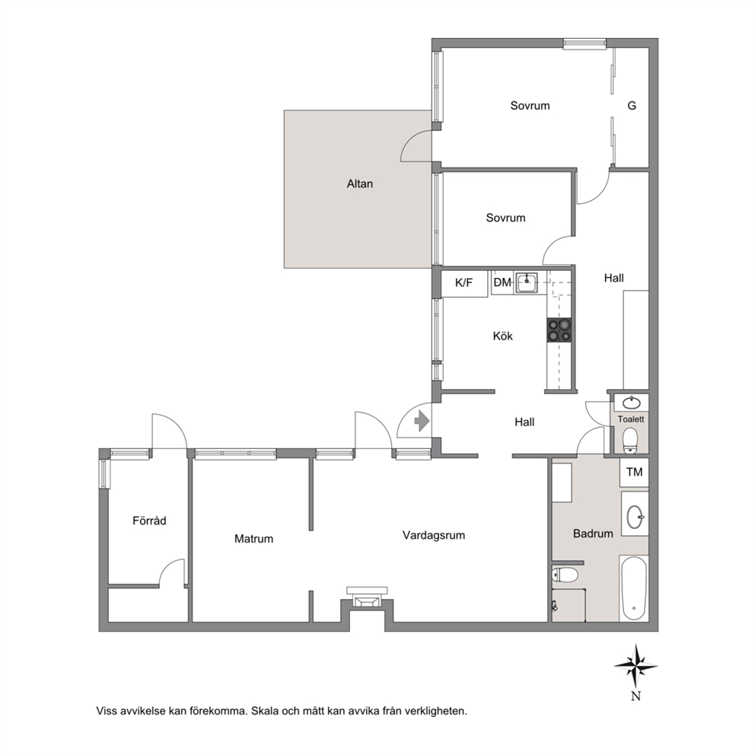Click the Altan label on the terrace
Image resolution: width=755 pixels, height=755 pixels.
(360, 183)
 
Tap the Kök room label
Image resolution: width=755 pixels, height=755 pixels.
(502, 336)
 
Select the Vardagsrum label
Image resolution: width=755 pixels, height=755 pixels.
(434, 536)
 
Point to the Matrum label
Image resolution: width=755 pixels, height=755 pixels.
(253, 539)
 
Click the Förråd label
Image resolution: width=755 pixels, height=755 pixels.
(149, 521)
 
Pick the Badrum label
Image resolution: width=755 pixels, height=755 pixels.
(593, 534)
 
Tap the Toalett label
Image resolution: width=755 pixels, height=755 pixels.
(631, 419)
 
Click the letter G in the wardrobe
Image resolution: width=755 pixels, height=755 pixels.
(632, 106)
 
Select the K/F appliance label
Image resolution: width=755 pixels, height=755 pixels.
(464, 282)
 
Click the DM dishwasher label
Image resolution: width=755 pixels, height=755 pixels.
(502, 282)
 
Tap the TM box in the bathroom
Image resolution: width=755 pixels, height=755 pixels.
(635, 472)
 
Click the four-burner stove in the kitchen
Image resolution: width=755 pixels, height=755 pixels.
(559, 330)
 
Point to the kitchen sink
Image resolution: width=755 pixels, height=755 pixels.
(527, 282)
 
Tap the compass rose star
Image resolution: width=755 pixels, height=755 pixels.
(636, 667)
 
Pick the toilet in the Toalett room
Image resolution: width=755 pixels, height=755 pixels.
(630, 440)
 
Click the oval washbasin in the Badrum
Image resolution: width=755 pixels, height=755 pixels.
(635, 517)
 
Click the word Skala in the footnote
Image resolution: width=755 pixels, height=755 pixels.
(266, 711)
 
